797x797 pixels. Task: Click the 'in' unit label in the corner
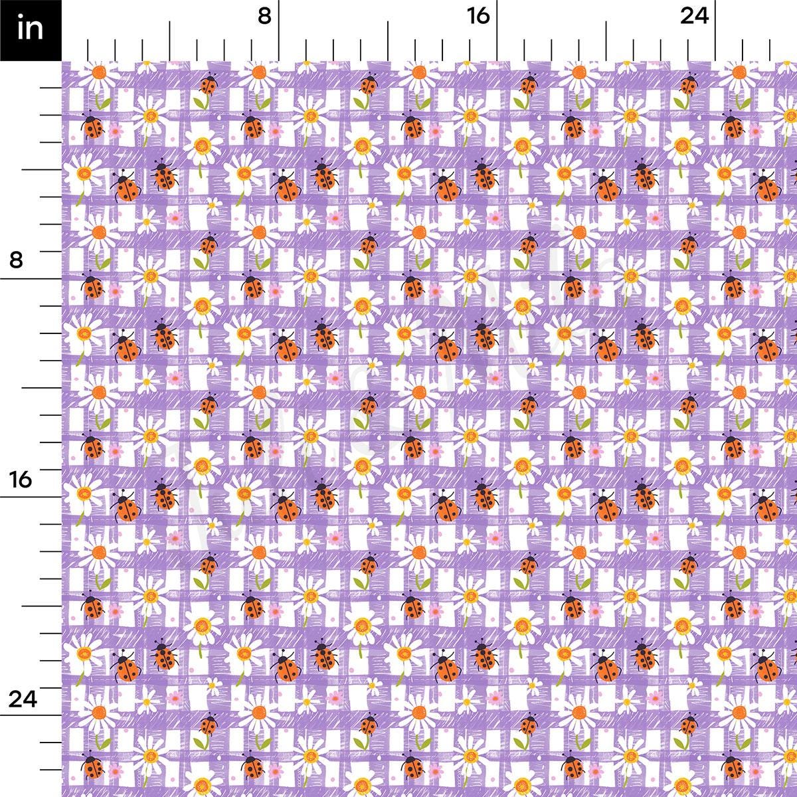[x=31, y=30]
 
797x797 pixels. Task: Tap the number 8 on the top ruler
[x=264, y=16]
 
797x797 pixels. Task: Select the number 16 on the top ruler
[x=478, y=16]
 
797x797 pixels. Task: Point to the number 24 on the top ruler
[x=695, y=16]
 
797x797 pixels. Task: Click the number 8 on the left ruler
[x=16, y=260]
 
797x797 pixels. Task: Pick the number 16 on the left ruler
[x=21, y=479]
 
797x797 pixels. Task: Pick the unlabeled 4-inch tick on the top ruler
[x=170, y=40]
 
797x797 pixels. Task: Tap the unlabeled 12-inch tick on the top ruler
[x=389, y=40]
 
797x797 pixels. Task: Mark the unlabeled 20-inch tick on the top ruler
[x=606, y=40]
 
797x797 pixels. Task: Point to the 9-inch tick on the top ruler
[x=306, y=50]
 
